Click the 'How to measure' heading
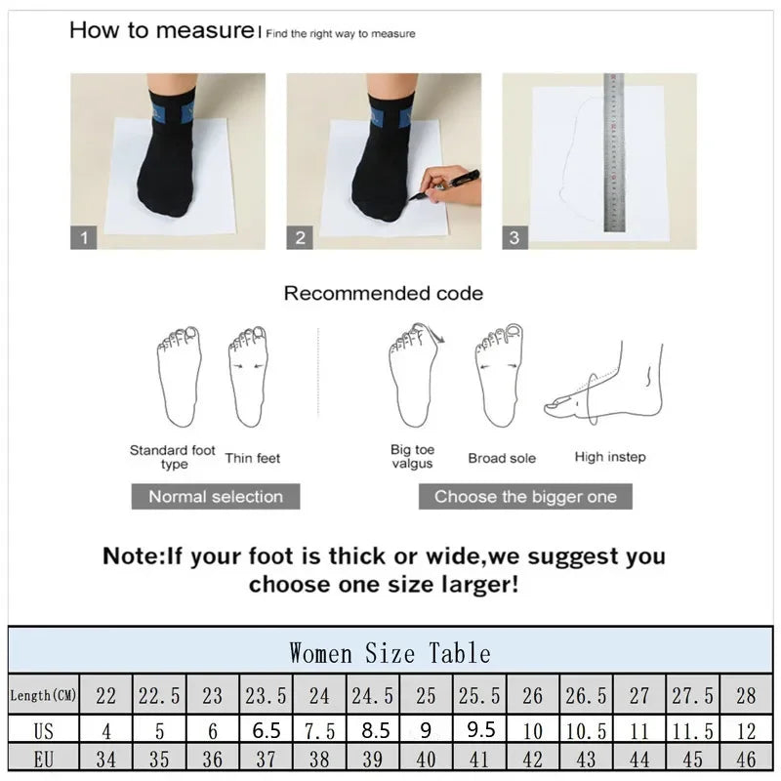click(161, 29)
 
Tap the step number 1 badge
click(83, 236)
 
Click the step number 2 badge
click(300, 236)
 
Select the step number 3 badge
click(514, 236)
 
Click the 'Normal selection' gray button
click(216, 496)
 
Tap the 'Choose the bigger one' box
click(525, 496)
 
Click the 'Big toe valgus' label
click(412, 457)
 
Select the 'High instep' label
click(609, 457)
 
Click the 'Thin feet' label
click(252, 457)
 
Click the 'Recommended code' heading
click(383, 293)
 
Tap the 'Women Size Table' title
click(390, 651)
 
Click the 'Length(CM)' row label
click(43, 696)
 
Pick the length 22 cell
click(105, 696)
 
